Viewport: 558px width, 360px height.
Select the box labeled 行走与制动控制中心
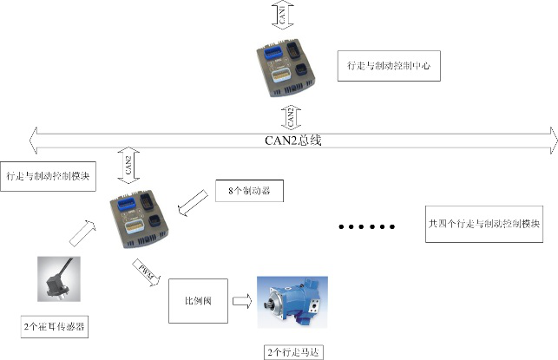tap(389, 65)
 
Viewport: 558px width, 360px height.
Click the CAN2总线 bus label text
tap(293, 139)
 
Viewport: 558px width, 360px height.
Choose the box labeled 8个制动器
tap(250, 190)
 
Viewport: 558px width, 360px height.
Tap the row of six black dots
tap(366, 227)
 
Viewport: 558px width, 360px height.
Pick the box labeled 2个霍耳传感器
tap(56, 327)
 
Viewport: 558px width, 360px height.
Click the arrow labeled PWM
tap(144, 271)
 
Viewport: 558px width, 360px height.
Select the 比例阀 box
tap(196, 300)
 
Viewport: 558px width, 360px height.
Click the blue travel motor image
tap(293, 300)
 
